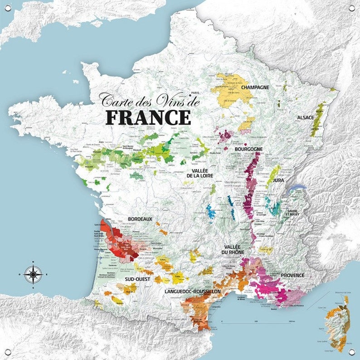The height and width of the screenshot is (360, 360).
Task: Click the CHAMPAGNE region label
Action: [x=255, y=87]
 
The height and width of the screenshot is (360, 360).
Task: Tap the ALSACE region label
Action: [x=305, y=117]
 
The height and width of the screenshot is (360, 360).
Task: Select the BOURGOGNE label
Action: [x=248, y=149]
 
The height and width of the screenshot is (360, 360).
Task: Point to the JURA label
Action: [x=278, y=180]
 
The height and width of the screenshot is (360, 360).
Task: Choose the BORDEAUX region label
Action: [x=140, y=219]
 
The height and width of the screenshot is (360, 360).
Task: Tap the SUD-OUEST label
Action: [x=138, y=279]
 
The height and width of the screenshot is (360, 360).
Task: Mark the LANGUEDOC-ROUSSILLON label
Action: [x=192, y=291]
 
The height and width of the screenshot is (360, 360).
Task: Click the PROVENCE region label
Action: [x=292, y=275]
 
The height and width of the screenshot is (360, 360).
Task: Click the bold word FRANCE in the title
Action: [x=148, y=117]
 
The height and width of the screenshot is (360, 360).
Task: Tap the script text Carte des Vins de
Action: [x=150, y=100]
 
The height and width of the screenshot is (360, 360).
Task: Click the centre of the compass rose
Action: [x=33, y=274]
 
